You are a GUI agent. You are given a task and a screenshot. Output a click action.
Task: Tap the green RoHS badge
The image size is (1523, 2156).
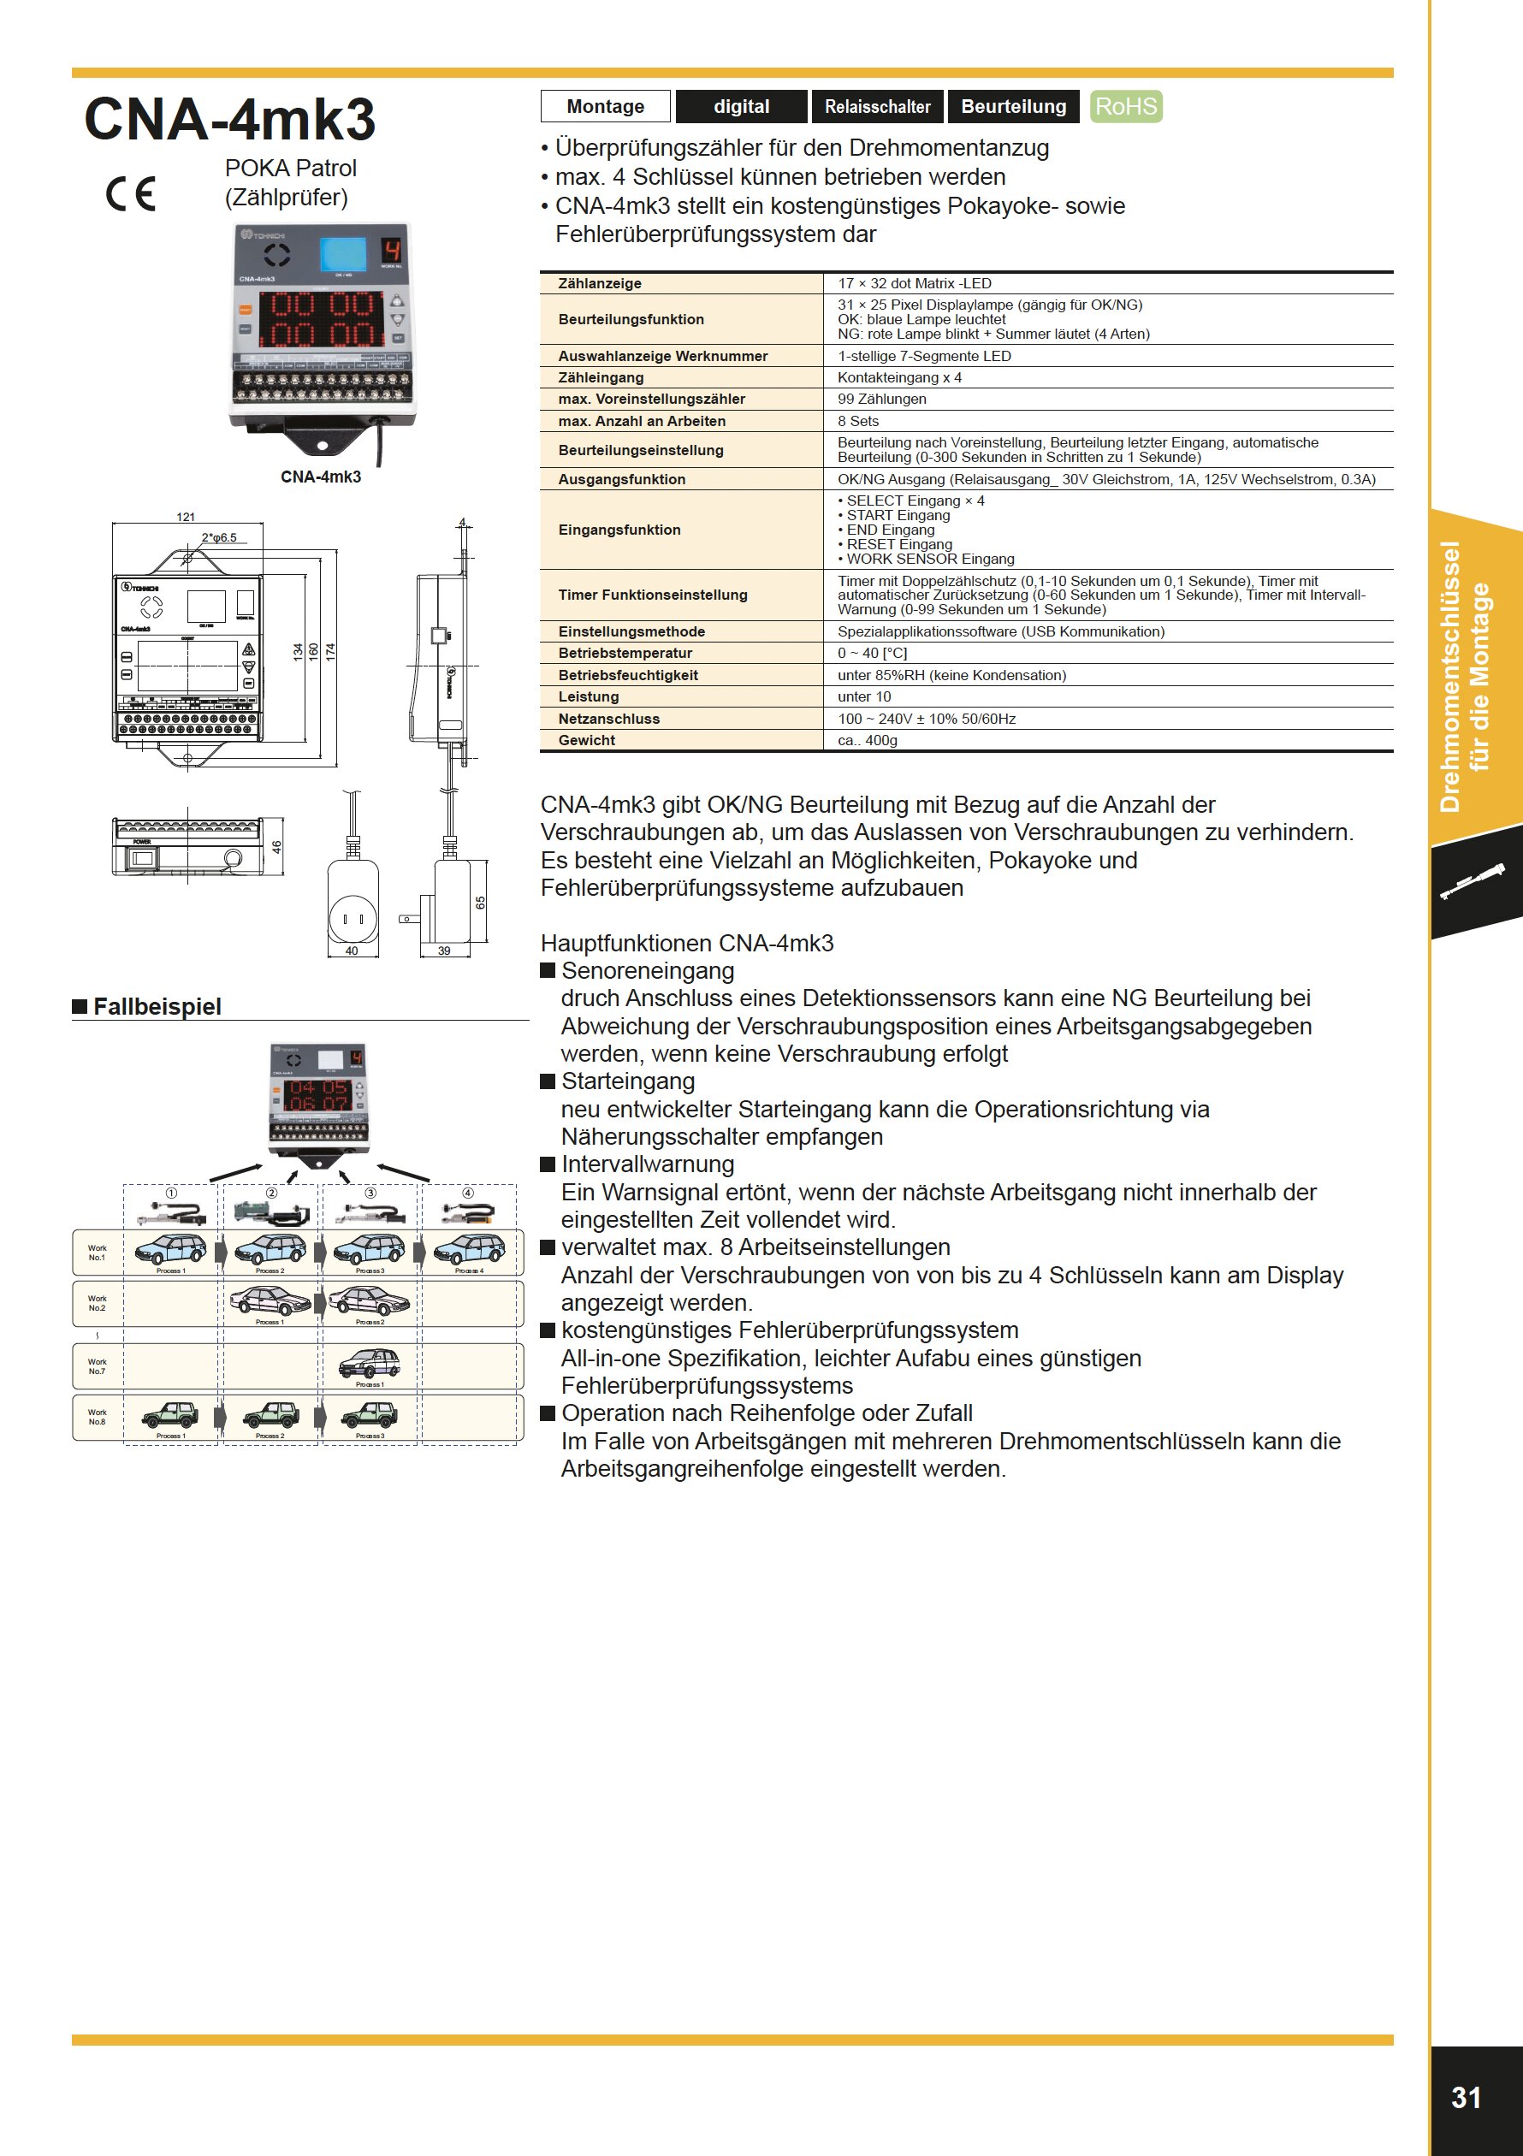1126,106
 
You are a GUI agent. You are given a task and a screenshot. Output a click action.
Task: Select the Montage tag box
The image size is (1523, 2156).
606,106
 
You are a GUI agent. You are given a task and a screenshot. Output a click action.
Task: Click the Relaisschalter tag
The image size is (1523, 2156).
877,106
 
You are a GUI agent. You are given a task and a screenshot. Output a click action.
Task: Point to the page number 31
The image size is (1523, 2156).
1467,2097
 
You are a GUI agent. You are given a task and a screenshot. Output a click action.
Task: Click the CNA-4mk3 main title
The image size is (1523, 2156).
230,119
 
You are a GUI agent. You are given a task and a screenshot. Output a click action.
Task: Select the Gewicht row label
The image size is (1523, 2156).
587,740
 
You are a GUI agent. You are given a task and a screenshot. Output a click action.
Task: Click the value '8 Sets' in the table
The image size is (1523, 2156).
858,421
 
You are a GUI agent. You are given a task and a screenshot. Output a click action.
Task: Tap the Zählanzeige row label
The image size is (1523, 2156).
600,282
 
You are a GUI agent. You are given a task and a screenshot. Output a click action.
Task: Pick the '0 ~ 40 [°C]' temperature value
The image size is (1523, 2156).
872,653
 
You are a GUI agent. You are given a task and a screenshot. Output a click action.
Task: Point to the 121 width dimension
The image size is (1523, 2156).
186,517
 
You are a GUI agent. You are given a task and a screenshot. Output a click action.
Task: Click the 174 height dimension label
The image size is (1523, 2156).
330,651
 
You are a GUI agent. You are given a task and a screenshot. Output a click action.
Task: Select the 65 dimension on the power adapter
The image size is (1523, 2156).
480,903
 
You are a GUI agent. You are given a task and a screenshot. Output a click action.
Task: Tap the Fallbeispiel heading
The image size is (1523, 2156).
157,1007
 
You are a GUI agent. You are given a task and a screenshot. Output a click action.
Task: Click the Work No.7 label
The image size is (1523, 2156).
97,1366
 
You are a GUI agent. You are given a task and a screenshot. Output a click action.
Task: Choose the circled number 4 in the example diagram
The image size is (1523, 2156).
468,1193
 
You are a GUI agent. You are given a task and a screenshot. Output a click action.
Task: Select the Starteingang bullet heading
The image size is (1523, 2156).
627,1081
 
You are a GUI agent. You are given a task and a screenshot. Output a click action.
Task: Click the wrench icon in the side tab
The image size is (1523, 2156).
1472,883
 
